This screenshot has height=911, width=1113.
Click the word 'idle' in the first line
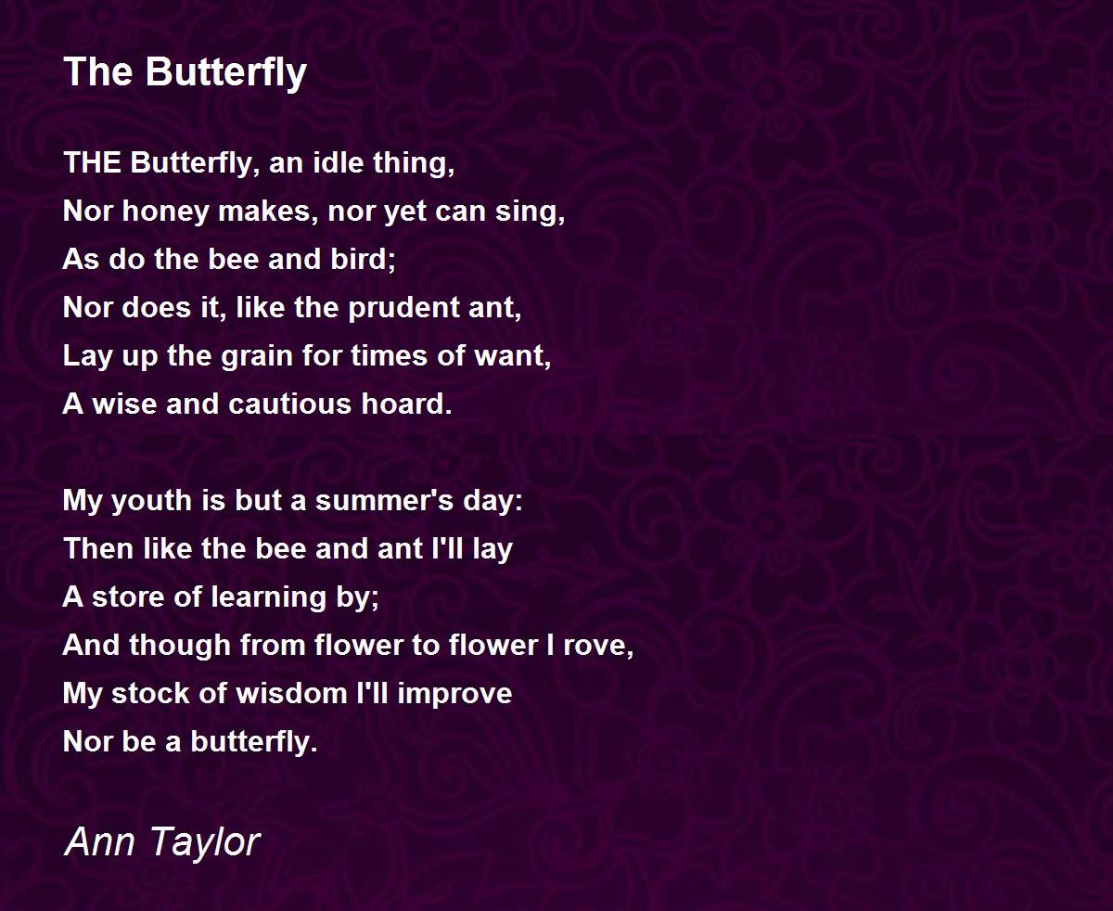340,162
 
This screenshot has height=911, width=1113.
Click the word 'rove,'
601,645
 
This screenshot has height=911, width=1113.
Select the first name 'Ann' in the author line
96,841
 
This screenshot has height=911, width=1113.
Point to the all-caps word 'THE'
92,162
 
